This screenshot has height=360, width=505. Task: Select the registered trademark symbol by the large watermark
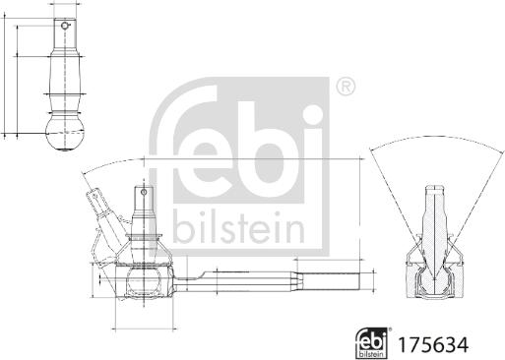coord(345,88)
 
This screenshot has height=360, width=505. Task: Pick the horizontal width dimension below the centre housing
coord(143,328)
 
